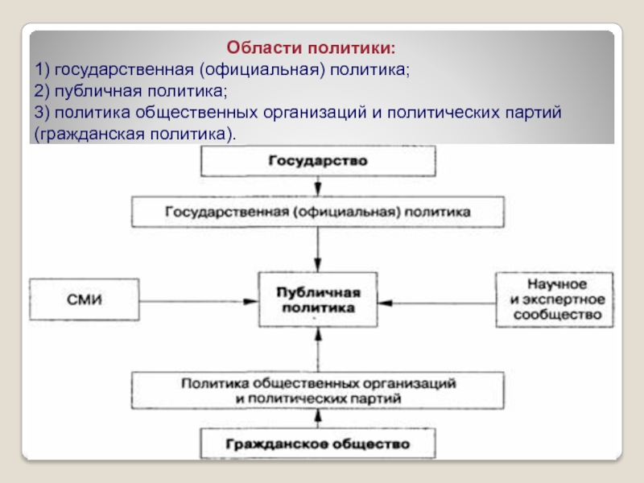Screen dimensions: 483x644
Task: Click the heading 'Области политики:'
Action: (311, 48)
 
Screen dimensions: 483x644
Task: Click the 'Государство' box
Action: (318, 161)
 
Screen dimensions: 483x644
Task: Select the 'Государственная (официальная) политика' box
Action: (318, 213)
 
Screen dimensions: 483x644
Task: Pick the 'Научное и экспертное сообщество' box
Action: (556, 299)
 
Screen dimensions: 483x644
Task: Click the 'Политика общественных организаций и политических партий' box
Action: (318, 390)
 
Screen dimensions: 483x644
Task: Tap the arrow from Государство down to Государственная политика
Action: (319, 187)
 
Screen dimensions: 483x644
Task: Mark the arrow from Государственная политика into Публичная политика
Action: (319, 250)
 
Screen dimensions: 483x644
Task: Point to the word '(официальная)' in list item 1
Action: (266, 70)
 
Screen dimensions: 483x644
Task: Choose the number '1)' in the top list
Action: (41, 70)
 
